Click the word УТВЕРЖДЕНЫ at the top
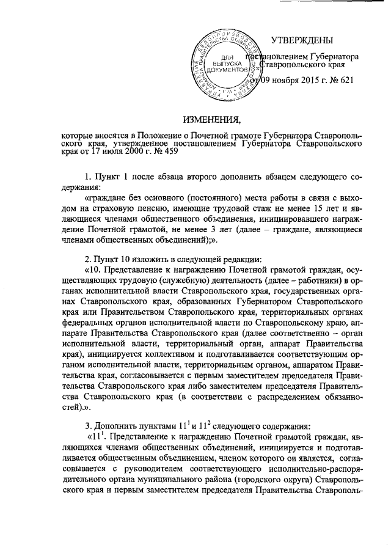point(302,41)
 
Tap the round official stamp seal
point(223,64)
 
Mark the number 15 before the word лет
point(309,209)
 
